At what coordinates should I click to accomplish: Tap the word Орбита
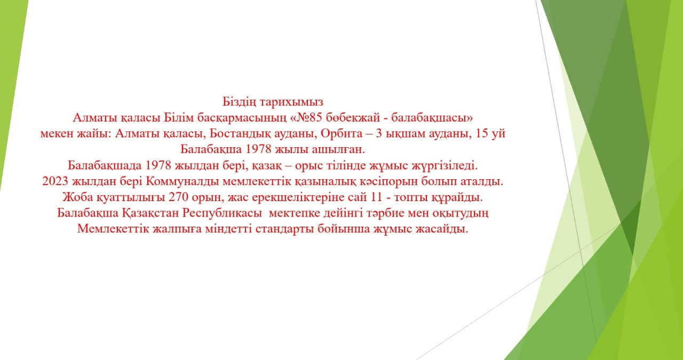click(x=335, y=133)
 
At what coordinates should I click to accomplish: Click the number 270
click(x=180, y=197)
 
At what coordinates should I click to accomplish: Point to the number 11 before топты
click(x=376, y=197)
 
